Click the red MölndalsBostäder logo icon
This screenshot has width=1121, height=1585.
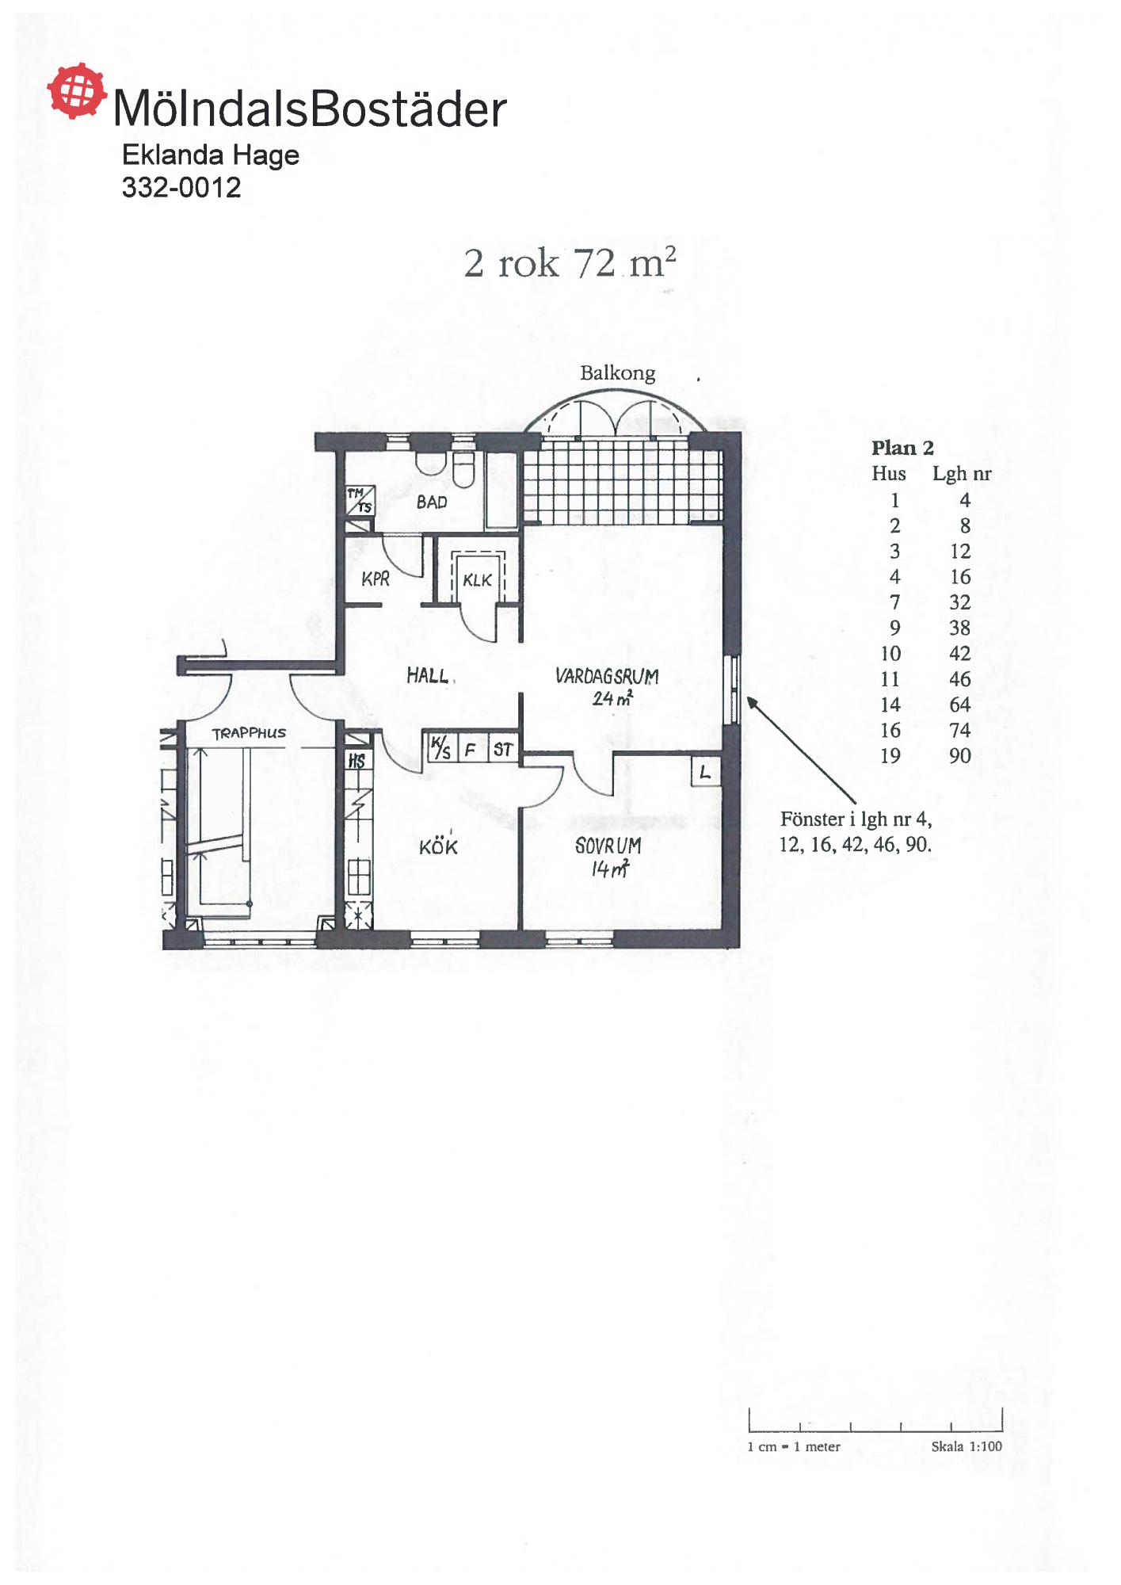76,91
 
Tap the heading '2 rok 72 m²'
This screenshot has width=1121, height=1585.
570,262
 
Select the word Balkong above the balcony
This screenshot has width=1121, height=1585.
617,373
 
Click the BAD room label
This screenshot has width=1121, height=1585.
432,502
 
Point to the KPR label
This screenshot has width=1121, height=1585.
376,579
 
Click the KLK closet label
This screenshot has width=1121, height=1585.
477,580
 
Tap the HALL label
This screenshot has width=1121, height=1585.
427,675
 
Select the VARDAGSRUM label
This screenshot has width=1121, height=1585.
607,676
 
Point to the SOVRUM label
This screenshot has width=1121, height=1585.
608,846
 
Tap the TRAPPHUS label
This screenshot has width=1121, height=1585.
249,733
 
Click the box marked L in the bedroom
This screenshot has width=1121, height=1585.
705,771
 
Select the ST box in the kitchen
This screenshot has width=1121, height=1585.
503,749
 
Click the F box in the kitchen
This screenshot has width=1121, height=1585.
471,749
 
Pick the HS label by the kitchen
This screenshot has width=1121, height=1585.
357,762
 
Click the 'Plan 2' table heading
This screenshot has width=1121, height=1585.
902,448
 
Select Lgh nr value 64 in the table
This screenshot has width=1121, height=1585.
960,705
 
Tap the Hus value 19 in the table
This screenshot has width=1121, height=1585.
890,755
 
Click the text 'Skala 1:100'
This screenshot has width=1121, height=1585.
967,1446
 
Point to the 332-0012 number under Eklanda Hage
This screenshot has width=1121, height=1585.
181,187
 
